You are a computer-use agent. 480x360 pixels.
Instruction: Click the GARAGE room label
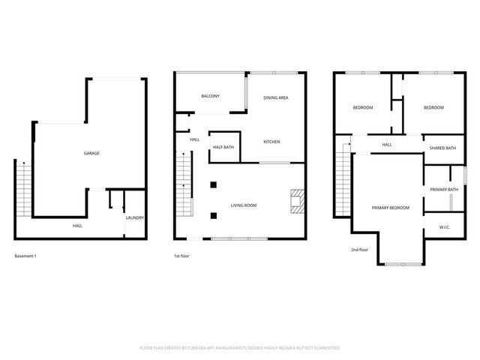point(91,153)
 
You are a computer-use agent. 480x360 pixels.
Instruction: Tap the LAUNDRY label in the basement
point(135,218)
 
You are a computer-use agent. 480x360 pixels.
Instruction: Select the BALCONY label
point(210,97)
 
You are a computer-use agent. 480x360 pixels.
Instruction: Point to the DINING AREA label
point(276,98)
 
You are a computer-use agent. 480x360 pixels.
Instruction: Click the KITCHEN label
point(271,141)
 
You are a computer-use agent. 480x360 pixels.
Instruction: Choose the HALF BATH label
point(223,147)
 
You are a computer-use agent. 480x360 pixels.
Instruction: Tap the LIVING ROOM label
point(244,205)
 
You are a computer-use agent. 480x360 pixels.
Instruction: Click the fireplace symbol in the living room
point(298,200)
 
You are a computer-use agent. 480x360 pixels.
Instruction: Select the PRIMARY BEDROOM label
point(391,207)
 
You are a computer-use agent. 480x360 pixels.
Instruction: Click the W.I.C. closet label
point(445,227)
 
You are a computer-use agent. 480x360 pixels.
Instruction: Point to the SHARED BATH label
point(442,148)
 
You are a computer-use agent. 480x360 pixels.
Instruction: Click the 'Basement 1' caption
point(25,256)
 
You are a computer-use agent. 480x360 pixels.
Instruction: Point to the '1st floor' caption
point(182,256)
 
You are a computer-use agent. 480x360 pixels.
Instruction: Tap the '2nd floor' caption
point(359,249)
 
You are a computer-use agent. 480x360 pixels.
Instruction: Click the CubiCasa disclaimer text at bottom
point(240,348)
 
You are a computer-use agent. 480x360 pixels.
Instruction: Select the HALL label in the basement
point(77,226)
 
